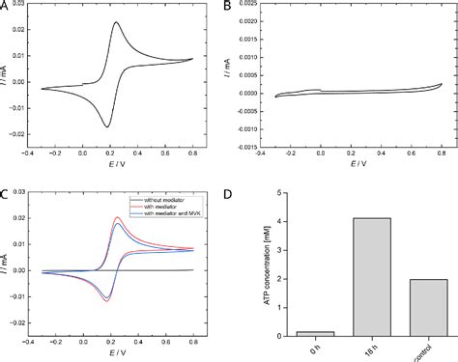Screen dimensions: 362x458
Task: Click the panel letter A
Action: click(6, 7)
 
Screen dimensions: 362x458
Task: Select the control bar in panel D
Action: click(416, 309)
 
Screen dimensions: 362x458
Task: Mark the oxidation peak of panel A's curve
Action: click(116, 22)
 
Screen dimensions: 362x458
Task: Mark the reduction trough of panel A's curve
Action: click(107, 126)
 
